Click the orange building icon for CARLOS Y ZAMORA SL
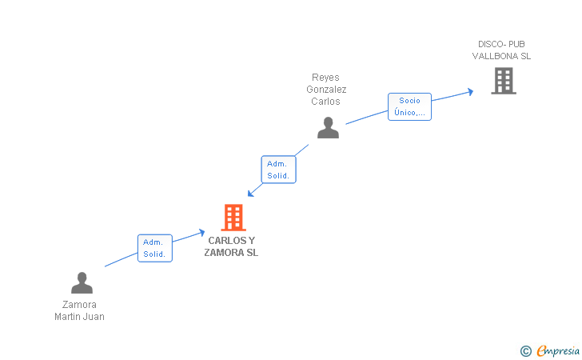coord(233,217)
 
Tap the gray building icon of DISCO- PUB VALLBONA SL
coord(503,81)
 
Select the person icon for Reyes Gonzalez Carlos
coord(328,128)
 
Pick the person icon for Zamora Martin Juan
coord(82,283)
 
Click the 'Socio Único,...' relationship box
coord(410,106)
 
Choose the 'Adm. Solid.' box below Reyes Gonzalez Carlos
coord(278,169)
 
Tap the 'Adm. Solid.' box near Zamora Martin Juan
coord(154,248)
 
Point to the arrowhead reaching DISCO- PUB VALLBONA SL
coord(470,91)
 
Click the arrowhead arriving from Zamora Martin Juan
coord(201,232)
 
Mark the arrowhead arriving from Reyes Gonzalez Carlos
coord(251,193)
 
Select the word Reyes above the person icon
coord(325,78)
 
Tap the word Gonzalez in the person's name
coord(326,90)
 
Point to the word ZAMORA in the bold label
coord(221,253)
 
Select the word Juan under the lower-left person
coord(95,316)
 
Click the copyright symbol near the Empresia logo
coord(525,350)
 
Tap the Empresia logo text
coord(558,350)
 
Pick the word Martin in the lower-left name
coord(69,316)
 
